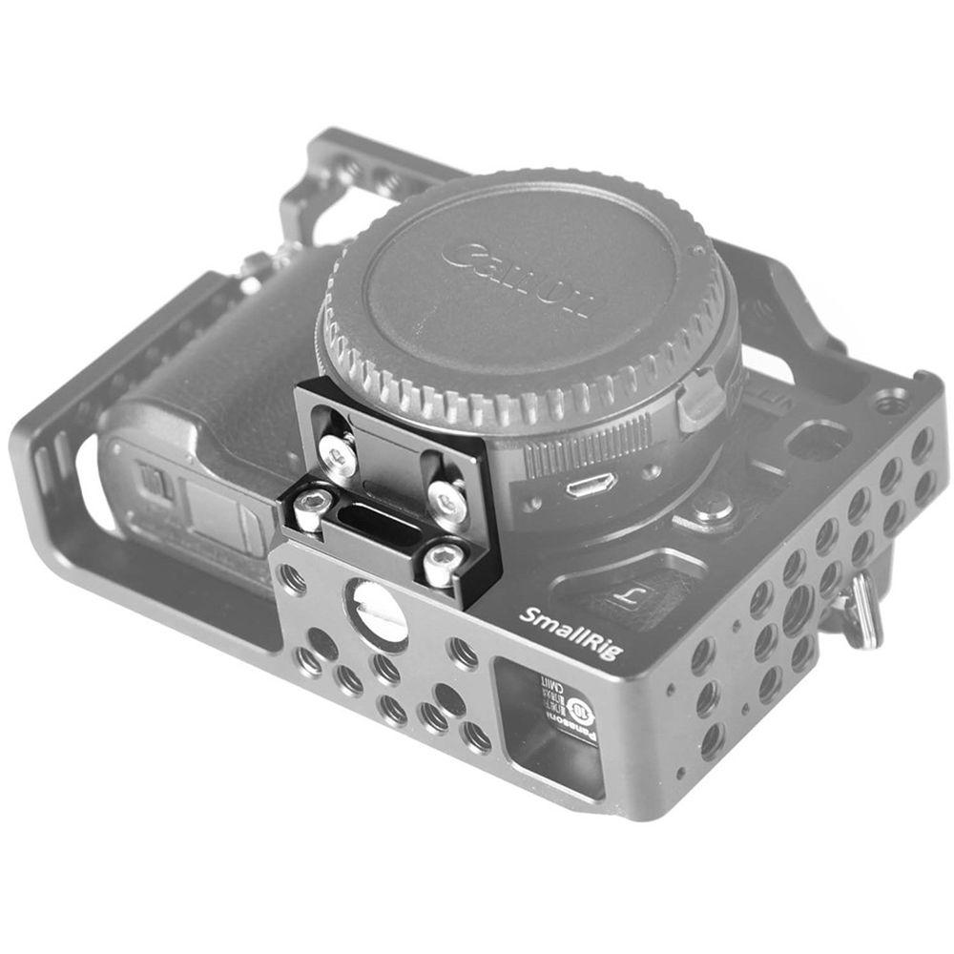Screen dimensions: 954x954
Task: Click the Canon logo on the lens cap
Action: (523, 280)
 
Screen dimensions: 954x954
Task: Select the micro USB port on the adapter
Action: (584, 489)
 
